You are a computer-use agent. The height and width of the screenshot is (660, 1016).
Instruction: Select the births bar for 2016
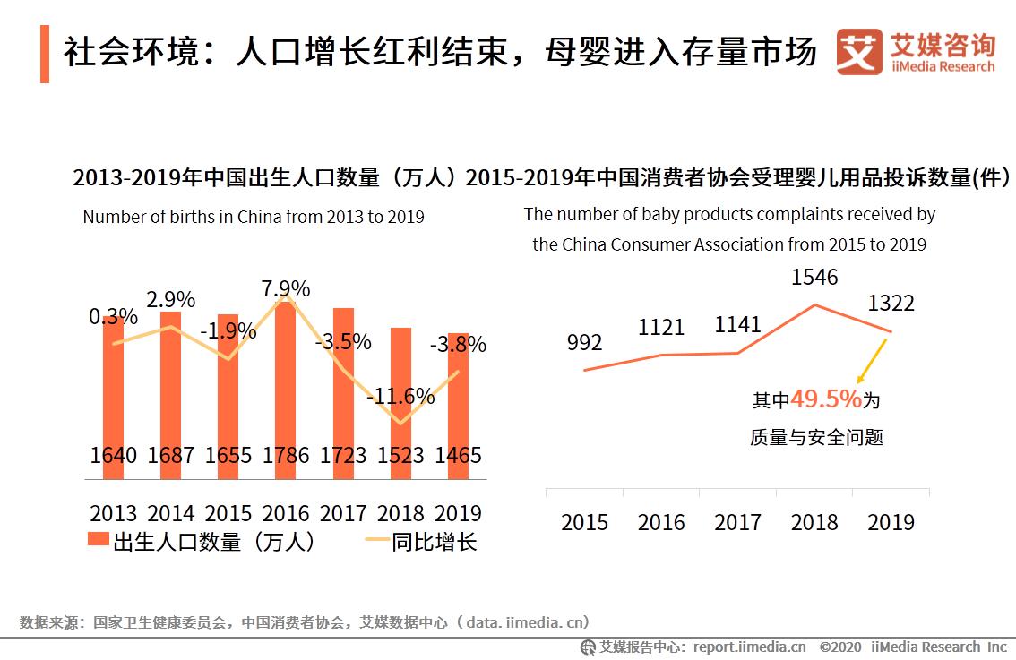286,385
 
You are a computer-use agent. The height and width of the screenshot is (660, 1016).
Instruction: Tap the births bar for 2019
458,403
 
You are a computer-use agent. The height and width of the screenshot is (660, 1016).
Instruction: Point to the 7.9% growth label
286,289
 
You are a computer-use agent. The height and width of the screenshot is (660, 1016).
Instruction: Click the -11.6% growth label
400,396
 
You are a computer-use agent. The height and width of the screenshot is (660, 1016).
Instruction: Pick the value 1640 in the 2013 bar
114,455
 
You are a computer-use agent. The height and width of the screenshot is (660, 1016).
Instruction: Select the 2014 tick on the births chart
171,513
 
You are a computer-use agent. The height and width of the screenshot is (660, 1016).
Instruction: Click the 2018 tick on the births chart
400,513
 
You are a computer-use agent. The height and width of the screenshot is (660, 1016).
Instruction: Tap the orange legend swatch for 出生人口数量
98,541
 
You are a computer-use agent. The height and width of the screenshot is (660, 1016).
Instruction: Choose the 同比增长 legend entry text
435,541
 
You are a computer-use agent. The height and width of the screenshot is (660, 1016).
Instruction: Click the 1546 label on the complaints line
814,278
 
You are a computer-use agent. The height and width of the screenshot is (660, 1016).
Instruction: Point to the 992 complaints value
584,342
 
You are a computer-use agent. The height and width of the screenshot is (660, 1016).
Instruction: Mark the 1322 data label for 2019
891,304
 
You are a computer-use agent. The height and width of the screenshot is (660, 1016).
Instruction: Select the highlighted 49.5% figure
826,399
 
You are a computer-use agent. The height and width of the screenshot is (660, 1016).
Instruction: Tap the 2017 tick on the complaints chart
737,522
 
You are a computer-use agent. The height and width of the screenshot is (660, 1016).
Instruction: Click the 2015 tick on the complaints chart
584,522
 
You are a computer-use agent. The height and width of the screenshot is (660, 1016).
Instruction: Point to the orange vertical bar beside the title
45,55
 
